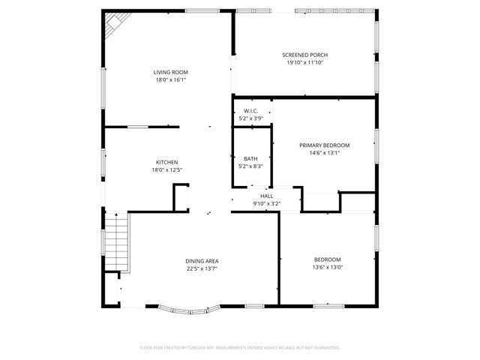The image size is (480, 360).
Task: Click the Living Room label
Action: (x=171, y=72)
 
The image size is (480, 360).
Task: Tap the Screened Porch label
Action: (x=304, y=55)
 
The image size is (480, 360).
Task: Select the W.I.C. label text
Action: (x=251, y=112)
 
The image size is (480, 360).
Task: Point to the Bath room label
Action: (x=250, y=158)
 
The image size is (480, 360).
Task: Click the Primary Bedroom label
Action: (x=325, y=145)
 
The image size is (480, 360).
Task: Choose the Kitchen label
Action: (x=166, y=162)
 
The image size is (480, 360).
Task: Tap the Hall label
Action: (x=266, y=196)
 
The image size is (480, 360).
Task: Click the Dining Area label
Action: (x=202, y=260)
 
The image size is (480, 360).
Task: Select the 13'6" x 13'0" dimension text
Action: (x=327, y=267)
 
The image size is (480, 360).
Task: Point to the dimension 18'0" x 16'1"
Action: (x=171, y=79)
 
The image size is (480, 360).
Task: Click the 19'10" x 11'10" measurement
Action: (x=304, y=62)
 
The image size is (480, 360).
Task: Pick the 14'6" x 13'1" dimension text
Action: (x=325, y=152)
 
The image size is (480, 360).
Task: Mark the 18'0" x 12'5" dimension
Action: (x=166, y=169)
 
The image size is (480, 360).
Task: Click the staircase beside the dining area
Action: (x=117, y=242)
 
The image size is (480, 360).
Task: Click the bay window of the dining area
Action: (x=190, y=308)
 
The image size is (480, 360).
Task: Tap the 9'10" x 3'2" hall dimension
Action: (x=266, y=203)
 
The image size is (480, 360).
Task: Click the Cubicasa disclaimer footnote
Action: (x=240, y=347)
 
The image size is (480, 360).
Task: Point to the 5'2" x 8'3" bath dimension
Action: (x=250, y=166)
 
